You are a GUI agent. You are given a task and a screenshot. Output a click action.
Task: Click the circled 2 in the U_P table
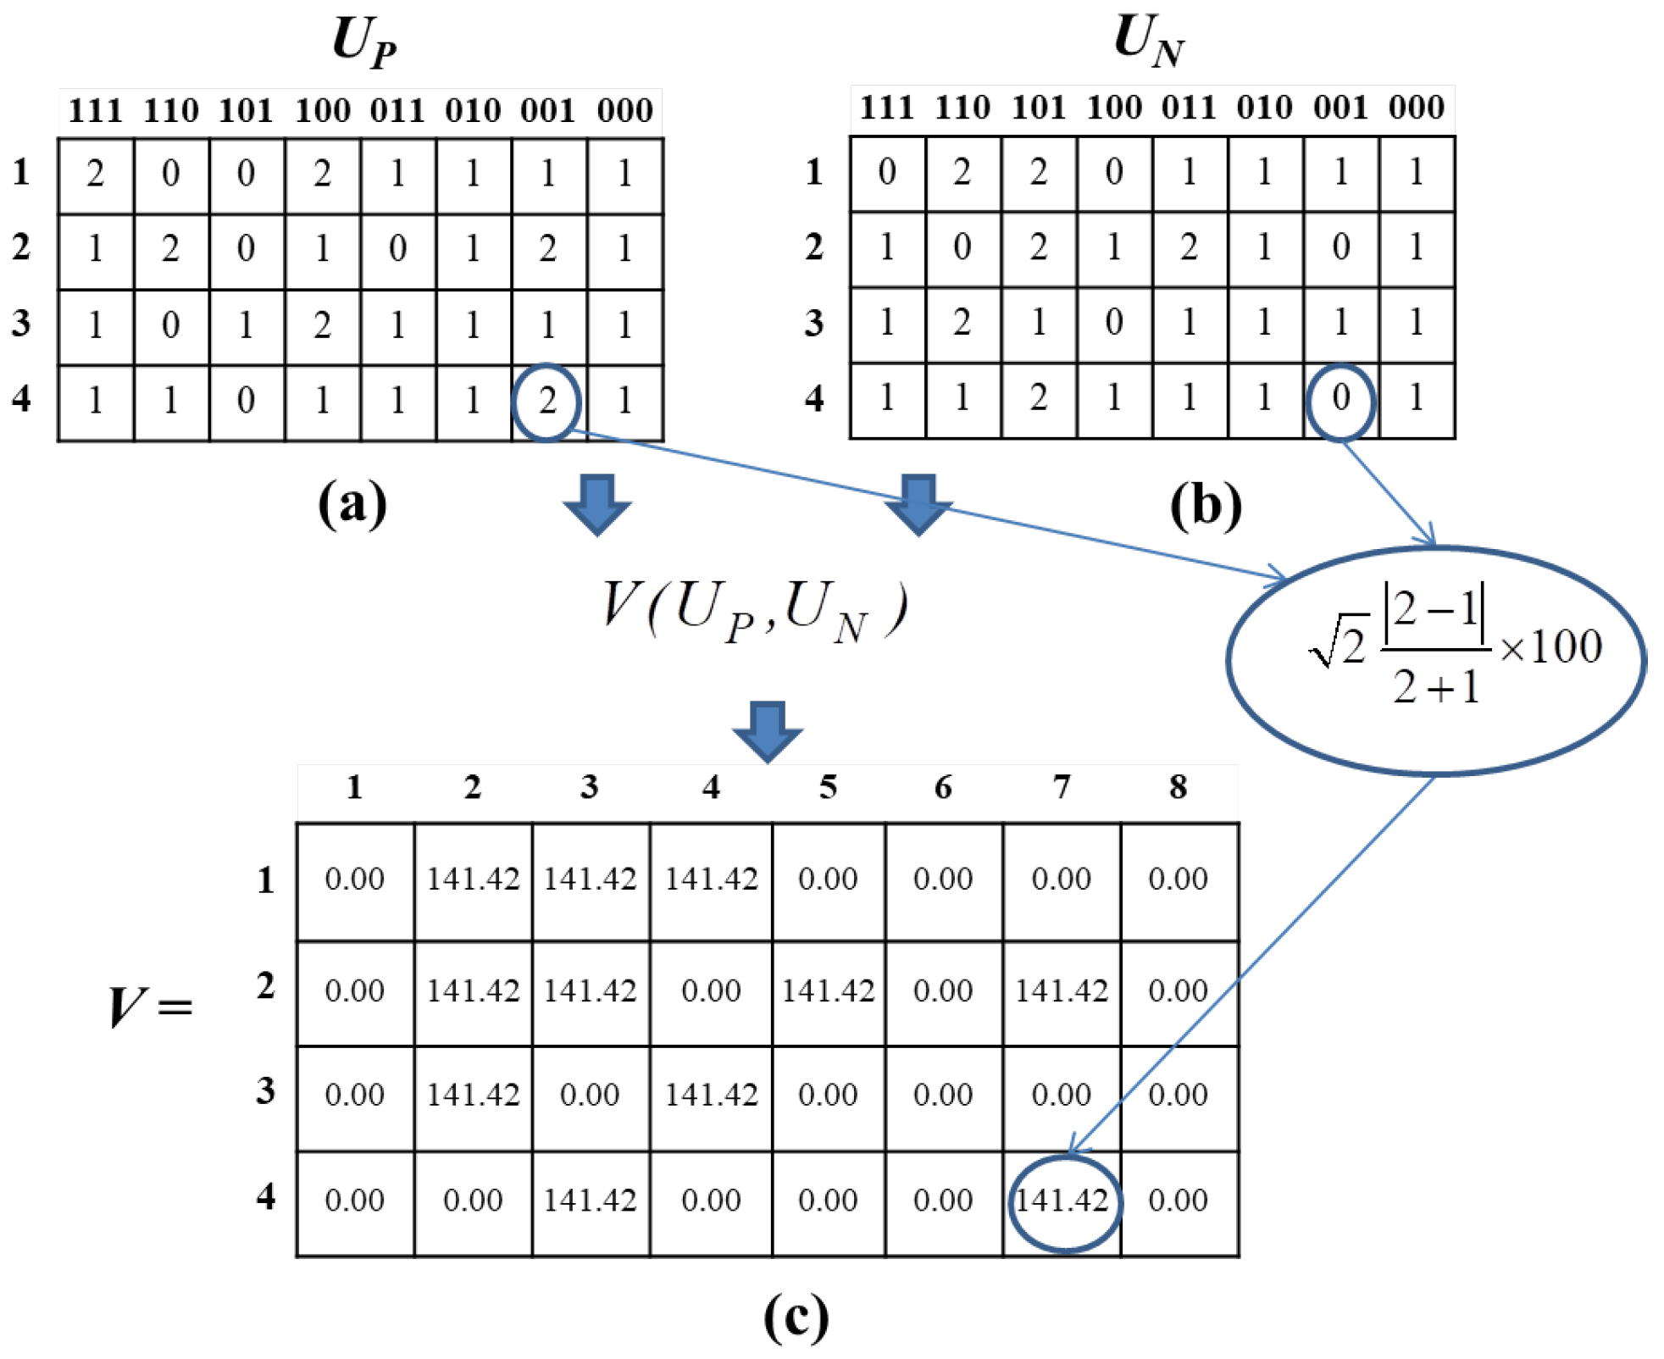click(x=546, y=401)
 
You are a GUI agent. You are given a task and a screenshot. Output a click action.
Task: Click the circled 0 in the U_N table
click(x=1340, y=398)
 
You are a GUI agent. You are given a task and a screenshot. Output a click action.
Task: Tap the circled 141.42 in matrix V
click(x=1062, y=1201)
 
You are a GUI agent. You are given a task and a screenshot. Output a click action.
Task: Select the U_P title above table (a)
click(x=363, y=42)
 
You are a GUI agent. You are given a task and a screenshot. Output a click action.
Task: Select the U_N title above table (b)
click(x=1148, y=40)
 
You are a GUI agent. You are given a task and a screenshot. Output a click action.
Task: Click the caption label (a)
click(x=352, y=503)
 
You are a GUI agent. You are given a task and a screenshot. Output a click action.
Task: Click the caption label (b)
click(x=1205, y=506)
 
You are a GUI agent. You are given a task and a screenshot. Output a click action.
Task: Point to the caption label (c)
click(x=795, y=1317)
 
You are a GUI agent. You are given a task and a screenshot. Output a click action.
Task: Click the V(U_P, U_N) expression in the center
click(x=752, y=610)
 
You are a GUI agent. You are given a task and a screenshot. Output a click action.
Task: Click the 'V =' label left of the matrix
click(x=150, y=1007)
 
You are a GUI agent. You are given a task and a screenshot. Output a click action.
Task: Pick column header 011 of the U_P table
click(x=397, y=111)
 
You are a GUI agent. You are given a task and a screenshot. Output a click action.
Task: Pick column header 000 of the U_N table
click(x=1416, y=108)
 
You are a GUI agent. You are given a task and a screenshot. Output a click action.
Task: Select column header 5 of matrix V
click(x=828, y=787)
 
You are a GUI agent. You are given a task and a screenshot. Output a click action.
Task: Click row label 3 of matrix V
click(x=266, y=1090)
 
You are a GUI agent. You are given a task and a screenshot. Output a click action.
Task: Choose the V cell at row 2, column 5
click(x=828, y=990)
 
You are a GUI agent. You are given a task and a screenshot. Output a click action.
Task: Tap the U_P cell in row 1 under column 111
click(x=95, y=175)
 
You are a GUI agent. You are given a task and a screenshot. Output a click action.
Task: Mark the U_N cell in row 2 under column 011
click(x=1189, y=247)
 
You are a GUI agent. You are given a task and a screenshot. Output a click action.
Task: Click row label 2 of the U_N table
click(x=814, y=247)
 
